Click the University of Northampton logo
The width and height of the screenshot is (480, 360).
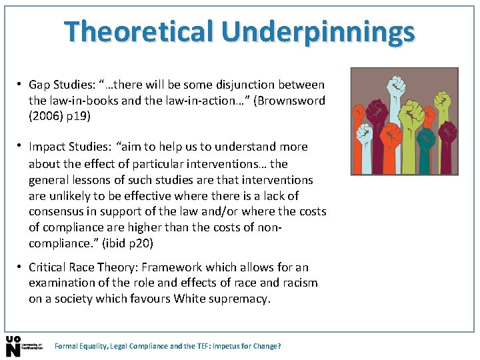point(23,345)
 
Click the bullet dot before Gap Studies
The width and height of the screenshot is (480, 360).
point(21,85)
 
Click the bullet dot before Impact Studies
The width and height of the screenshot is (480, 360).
point(21,146)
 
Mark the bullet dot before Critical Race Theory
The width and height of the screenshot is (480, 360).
point(21,267)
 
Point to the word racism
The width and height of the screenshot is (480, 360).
point(298,283)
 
